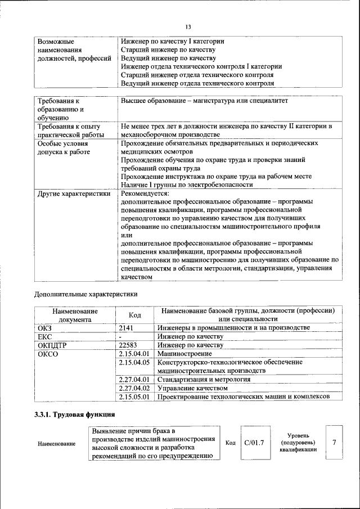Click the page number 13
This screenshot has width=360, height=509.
(188, 27)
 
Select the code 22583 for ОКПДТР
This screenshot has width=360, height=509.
(129, 345)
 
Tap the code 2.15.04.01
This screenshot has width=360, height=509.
(134, 354)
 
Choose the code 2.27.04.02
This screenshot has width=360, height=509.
(134, 388)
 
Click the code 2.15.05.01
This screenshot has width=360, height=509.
(134, 397)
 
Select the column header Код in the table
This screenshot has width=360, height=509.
(134, 315)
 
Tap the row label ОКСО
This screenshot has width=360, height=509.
(48, 354)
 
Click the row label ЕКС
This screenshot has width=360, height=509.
(45, 336)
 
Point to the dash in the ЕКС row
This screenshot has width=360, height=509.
(120, 336)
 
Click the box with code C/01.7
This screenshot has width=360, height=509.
(254, 443)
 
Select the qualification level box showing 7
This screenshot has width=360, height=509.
(334, 442)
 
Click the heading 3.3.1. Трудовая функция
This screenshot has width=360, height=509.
(71, 415)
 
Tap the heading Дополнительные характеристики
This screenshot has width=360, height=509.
(86, 294)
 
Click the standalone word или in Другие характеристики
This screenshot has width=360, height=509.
(126, 235)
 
